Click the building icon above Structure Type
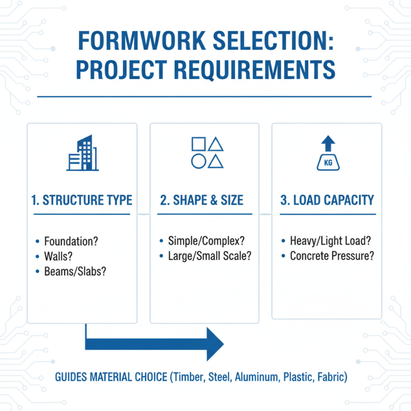point(82,154)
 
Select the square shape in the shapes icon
point(198,144)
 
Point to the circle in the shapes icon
point(198,161)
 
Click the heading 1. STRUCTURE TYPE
point(82,200)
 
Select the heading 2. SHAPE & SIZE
point(202,200)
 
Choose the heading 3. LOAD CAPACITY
point(327,200)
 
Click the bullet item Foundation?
point(71,240)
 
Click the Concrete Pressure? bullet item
point(332,256)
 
